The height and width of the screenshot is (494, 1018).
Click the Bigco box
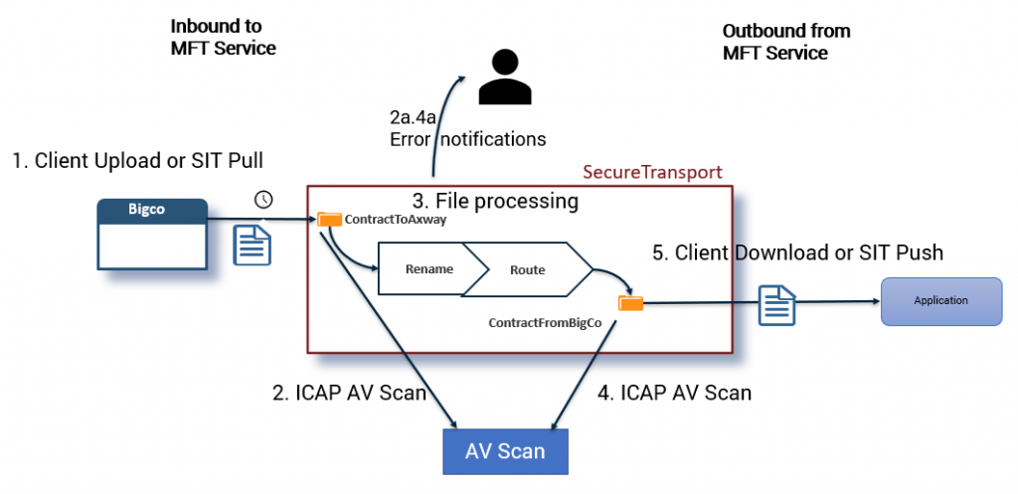[x=152, y=235]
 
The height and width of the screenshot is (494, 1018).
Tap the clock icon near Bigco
[x=263, y=200]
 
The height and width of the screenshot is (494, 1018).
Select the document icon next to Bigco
[x=252, y=245]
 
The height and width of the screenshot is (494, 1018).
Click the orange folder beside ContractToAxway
[x=328, y=219]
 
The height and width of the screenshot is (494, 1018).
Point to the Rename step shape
[x=429, y=269]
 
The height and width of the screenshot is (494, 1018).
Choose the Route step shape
[x=527, y=269]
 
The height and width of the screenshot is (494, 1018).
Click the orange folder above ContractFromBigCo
[x=629, y=301]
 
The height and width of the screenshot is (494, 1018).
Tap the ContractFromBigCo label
[x=545, y=324]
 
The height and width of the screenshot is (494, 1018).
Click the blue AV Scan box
[x=505, y=451]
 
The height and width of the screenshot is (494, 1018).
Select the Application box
[x=941, y=300]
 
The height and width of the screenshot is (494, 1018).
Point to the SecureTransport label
[x=652, y=172]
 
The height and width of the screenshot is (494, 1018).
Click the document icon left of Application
[x=775, y=304]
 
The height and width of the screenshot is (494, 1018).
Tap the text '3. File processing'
[x=495, y=201]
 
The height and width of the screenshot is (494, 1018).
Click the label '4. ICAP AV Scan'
[x=674, y=393]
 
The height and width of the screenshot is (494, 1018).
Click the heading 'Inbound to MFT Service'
[x=223, y=37]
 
